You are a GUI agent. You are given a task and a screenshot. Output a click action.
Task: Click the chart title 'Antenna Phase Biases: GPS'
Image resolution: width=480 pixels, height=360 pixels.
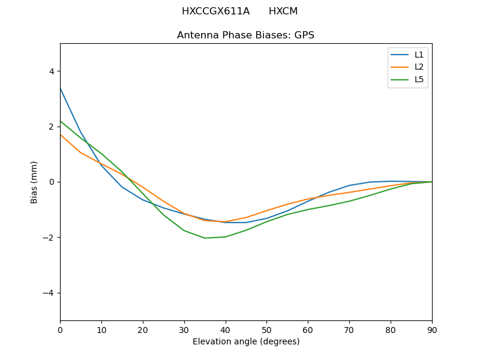coord(245,35)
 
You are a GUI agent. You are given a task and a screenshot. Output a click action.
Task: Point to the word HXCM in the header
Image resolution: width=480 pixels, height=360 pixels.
coord(283,11)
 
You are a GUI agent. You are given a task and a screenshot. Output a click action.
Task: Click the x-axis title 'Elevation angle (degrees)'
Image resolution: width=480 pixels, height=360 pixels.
coord(246,342)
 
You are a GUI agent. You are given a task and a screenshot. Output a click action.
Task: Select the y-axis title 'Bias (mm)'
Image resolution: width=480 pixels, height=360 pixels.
coord(34,182)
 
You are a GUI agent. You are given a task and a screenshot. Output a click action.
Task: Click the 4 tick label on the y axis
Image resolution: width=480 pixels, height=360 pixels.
coord(51,71)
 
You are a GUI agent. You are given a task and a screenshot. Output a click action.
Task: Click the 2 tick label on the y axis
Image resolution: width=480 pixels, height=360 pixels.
coord(51,127)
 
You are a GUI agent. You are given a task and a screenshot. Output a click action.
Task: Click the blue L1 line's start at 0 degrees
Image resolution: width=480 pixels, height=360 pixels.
coord(60,88)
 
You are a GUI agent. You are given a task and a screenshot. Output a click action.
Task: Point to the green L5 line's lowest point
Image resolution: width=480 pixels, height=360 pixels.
coord(205,238)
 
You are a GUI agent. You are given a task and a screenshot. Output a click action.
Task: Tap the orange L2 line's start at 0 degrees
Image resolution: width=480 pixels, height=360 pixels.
coord(60,134)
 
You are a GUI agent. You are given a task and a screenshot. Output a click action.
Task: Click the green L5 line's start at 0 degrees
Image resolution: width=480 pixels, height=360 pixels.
coord(60,121)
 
